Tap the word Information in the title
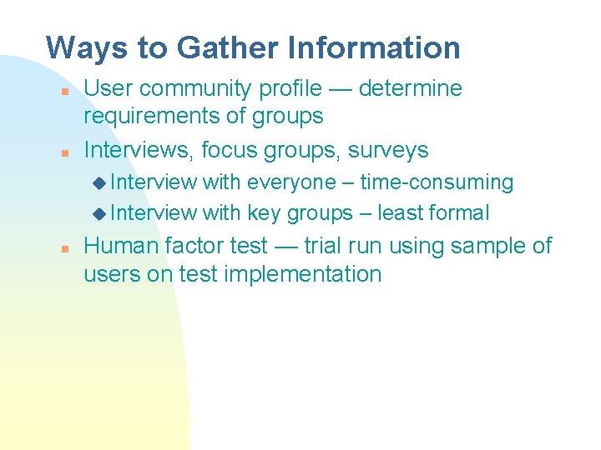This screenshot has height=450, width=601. [x=374, y=48]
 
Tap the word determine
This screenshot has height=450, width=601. [x=416, y=89]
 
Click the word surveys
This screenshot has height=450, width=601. [x=388, y=151]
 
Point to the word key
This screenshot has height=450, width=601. [x=264, y=214]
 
